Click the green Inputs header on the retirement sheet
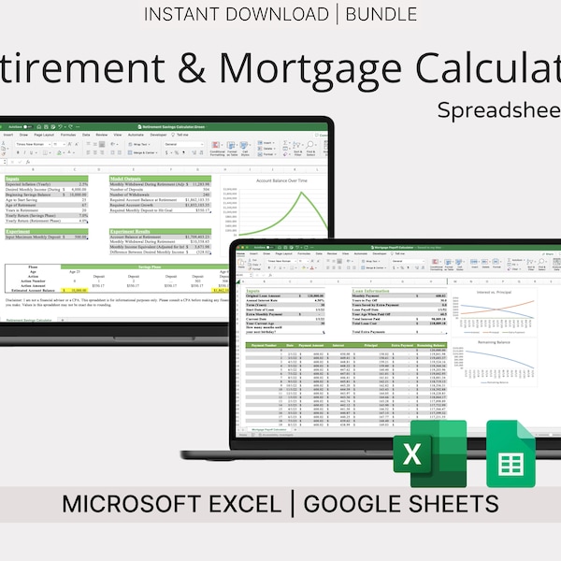[13, 177]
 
